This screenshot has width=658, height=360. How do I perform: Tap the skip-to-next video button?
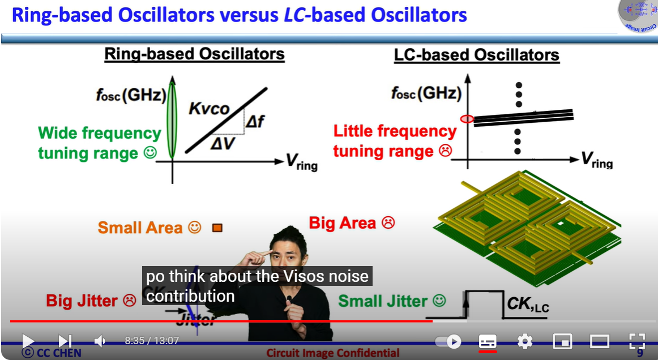point(65,341)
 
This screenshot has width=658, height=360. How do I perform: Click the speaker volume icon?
point(100,341)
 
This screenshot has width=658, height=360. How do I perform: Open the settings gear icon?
point(525,341)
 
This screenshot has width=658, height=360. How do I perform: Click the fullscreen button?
point(637,341)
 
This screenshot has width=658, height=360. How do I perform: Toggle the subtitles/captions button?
point(488,341)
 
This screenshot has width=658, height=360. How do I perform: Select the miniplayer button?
point(562,341)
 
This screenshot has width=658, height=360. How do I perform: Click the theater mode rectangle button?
point(599,341)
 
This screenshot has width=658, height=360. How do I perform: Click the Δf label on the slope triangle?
point(255,120)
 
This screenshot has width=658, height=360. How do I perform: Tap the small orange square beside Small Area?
point(217,228)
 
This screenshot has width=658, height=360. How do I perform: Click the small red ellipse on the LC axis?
point(467,119)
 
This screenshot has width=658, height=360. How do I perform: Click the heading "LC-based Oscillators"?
point(476,55)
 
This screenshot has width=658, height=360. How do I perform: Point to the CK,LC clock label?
point(528,305)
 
